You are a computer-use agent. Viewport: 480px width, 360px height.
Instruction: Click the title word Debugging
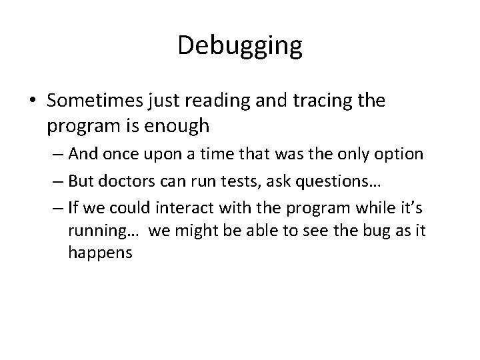coord(240,46)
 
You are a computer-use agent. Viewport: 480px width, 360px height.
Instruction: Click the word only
coord(351,154)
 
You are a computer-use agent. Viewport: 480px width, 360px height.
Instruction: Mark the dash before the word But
coord(58,182)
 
